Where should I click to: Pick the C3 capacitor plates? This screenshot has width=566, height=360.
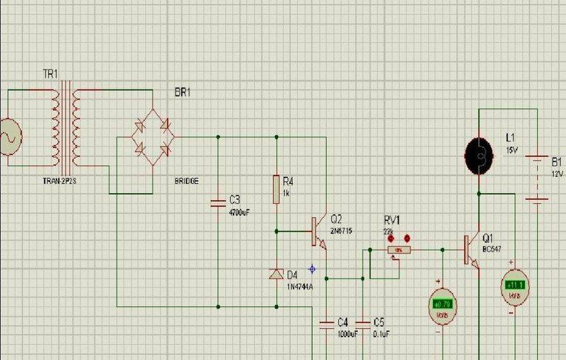(218, 204)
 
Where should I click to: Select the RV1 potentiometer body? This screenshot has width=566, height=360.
(399, 250)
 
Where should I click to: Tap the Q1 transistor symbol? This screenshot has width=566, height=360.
(470, 249)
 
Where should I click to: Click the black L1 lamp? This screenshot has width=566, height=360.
(479, 152)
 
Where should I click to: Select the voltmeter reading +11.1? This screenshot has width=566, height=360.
(514, 284)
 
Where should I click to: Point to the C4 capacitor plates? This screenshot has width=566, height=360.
(326, 325)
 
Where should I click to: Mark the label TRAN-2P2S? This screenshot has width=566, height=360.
(62, 181)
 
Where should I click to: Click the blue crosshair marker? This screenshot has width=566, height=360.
(312, 267)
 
